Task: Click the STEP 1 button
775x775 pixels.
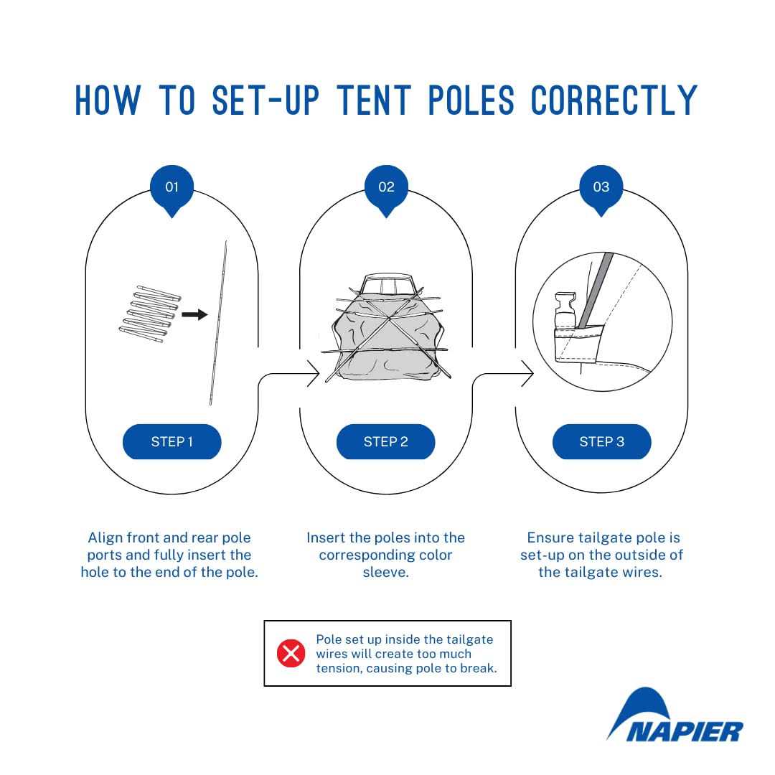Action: pyautogui.click(x=172, y=441)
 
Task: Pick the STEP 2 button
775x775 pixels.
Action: pyautogui.click(x=386, y=441)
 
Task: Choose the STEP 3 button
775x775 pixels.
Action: pyautogui.click(x=601, y=441)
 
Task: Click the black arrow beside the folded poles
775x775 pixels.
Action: pyautogui.click(x=194, y=314)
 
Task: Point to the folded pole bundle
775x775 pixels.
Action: pyautogui.click(x=150, y=314)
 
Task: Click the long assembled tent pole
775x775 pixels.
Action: pyautogui.click(x=218, y=323)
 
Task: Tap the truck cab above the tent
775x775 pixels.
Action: pyautogui.click(x=387, y=283)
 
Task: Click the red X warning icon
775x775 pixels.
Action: pyautogui.click(x=291, y=654)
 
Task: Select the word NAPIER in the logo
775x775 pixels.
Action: pyautogui.click(x=685, y=731)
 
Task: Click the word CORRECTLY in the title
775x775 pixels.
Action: pyautogui.click(x=614, y=101)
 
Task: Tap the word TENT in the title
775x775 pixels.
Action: pyautogui.click(x=374, y=101)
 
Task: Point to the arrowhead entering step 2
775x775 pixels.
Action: pyautogui.click(x=314, y=374)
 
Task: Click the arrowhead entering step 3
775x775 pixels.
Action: pyautogui.click(x=528, y=374)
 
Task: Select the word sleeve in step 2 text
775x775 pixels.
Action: pyautogui.click(x=385, y=572)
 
